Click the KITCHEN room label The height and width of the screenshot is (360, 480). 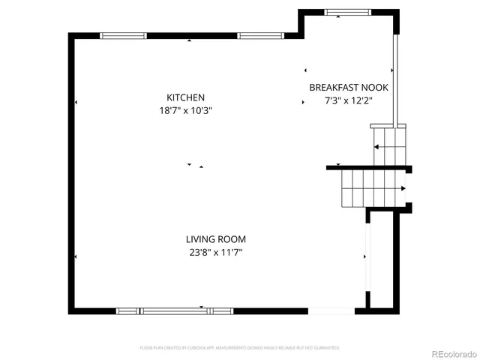(185, 97)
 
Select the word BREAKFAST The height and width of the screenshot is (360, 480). (331, 88)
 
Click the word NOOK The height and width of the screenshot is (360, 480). (375, 88)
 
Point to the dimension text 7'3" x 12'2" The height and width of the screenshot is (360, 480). (348, 100)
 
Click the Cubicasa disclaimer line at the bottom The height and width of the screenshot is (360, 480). (240, 348)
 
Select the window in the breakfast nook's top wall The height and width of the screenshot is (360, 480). (346, 12)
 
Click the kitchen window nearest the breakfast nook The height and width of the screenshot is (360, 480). (260, 35)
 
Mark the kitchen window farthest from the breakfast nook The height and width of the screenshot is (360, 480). (124, 35)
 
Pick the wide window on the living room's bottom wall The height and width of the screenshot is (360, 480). (175, 310)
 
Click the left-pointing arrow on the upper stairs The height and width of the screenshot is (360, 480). (376, 147)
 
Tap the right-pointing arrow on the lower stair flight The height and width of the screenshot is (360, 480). (404, 188)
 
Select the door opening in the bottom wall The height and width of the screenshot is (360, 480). (331, 310)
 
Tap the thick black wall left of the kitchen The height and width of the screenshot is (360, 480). (71, 172)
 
